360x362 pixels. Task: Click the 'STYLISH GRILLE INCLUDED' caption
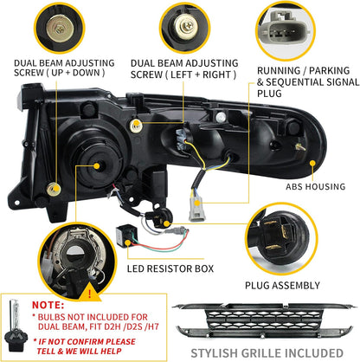(265, 352)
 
